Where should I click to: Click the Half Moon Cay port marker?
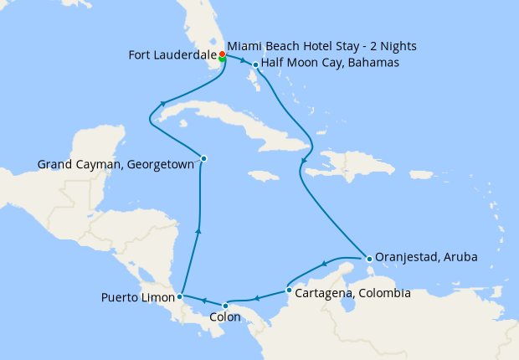coord(255,64)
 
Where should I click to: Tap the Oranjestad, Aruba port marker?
coord(368,258)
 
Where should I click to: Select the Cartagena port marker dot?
coord(289,291)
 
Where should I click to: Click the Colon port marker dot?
coord(225,306)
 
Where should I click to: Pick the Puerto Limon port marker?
coord(180,296)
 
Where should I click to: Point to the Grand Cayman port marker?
coord(203,158)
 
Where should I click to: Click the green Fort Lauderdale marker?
coord(222,59)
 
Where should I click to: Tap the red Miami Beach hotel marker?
coord(222,54)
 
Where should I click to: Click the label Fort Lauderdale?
coord(171,56)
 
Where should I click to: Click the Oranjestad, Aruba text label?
coord(427,257)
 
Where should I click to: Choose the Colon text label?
coord(225,317)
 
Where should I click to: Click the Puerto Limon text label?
coord(137,297)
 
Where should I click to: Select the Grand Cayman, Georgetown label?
coord(116,165)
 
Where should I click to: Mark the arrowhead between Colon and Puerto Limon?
coord(204,301)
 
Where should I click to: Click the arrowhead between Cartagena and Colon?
coord(257,298)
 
